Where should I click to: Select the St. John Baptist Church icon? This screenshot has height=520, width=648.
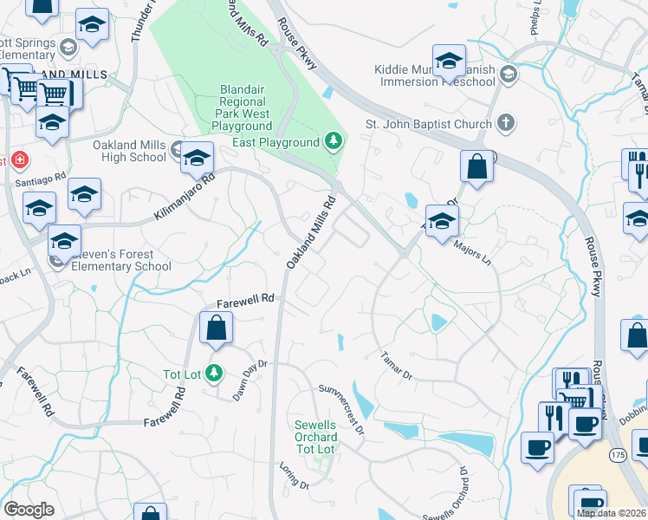506,124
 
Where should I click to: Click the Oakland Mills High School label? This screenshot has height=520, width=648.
130,151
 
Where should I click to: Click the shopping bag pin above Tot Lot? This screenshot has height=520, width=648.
216,328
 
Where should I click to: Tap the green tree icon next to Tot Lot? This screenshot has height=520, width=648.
214,374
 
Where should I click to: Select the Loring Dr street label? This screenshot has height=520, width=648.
294,480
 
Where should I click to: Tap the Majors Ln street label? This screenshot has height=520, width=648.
472,253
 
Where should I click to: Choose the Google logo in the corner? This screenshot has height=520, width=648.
29,510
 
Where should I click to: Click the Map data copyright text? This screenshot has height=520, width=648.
611,513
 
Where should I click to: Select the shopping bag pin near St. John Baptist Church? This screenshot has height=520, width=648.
476,166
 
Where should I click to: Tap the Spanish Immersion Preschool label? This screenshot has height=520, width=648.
437,75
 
